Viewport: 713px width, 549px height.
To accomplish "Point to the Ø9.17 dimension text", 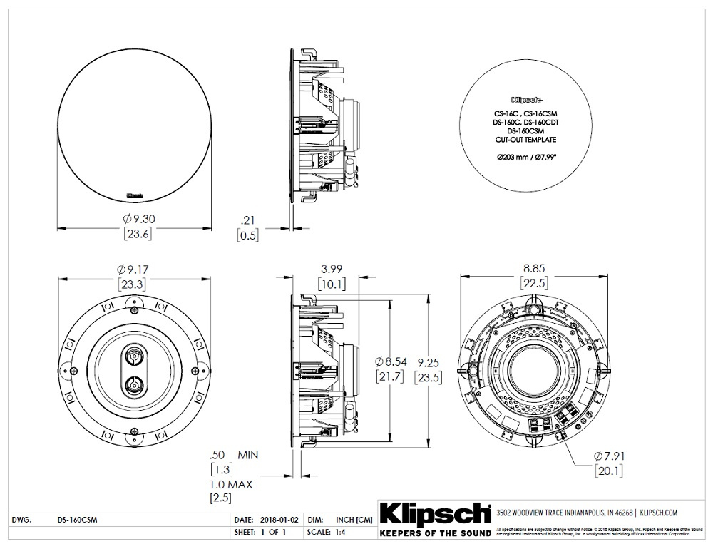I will (135, 270).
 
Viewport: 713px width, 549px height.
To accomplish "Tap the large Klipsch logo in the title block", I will (434, 514).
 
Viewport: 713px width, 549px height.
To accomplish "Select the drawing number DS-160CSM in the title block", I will (78, 520).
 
